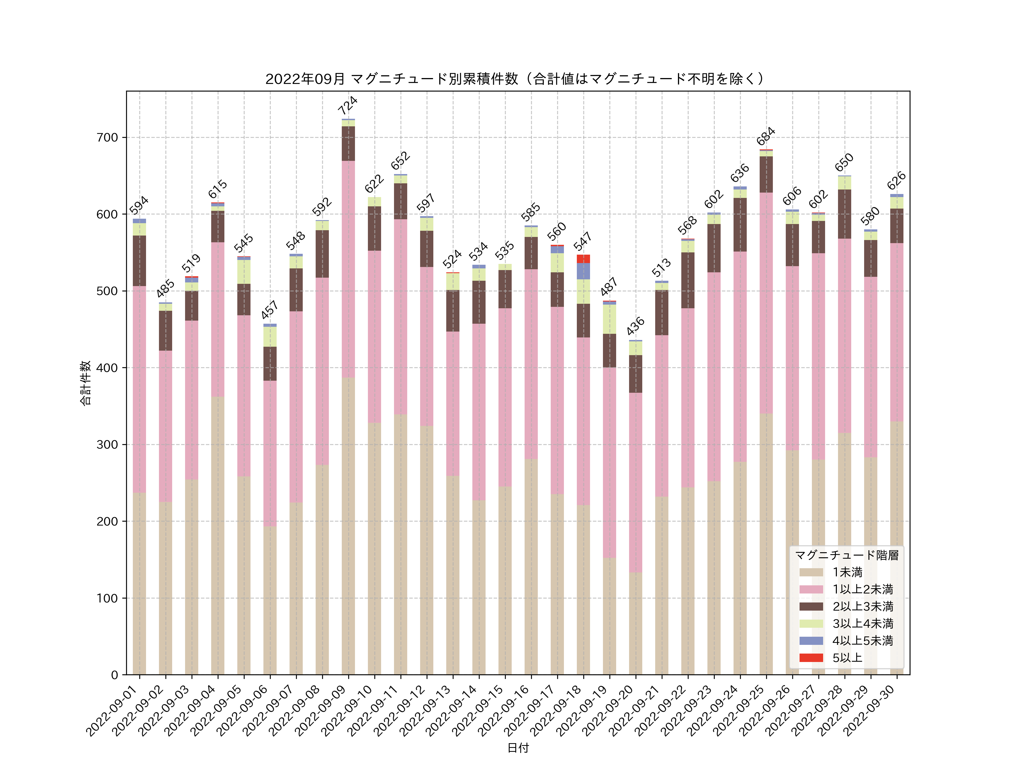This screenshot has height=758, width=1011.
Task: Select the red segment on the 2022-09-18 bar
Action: click(583, 259)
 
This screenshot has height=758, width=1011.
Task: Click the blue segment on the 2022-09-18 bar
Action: click(583, 271)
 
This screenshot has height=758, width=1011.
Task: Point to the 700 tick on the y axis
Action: click(107, 138)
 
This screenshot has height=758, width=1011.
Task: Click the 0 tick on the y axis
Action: click(114, 675)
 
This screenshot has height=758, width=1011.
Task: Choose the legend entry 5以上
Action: click(847, 658)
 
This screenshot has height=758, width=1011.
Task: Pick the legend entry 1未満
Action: click(847, 572)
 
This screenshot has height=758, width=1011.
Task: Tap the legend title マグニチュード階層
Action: click(846, 555)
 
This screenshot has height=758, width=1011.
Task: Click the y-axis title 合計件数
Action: click(85, 383)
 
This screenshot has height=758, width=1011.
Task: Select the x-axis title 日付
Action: click(518, 748)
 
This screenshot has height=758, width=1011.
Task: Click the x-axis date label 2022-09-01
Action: click(112, 711)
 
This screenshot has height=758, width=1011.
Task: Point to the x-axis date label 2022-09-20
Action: click(608, 711)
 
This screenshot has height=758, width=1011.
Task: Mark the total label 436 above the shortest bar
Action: click(635, 326)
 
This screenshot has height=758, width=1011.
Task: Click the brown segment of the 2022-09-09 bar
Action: click(348, 143)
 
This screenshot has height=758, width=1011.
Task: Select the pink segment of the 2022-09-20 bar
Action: click(635, 482)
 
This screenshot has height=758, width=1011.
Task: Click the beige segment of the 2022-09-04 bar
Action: click(218, 535)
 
